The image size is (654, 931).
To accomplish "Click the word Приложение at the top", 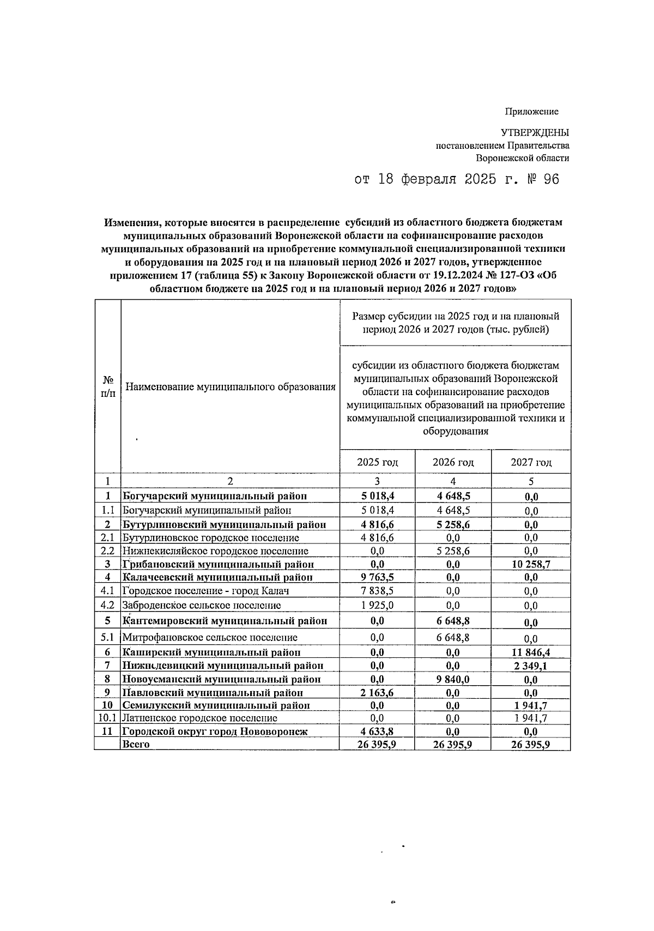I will pos(531,112).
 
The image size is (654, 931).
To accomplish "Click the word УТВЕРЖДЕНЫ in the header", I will pos(535,132).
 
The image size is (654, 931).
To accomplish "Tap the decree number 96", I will pos(551,180).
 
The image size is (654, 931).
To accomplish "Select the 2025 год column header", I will pos(377,463).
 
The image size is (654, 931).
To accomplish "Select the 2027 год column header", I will pos(531,463).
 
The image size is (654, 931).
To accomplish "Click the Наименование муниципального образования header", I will pos(230,387).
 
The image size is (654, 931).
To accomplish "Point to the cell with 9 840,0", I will pos(453,680).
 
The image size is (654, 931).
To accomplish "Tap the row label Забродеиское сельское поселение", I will pos(202,605).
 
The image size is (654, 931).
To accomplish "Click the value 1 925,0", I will pos(377,605).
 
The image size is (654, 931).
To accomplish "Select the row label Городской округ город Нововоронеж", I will pos(215,732).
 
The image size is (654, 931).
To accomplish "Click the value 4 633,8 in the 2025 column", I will pos(377,732).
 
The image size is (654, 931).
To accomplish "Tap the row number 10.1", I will pos(107,718).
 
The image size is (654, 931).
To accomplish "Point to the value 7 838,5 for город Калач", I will pos(377,591).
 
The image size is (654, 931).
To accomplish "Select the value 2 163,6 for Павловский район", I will pos(377,693).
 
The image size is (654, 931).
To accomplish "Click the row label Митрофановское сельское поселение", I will pos(210,637).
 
